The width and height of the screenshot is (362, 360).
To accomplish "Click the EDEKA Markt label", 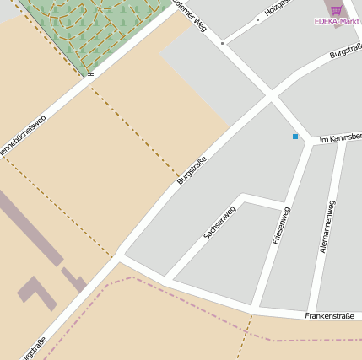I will point(337,21).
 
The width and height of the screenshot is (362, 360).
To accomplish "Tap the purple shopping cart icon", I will point(337,9).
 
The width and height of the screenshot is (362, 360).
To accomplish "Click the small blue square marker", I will point(295,137).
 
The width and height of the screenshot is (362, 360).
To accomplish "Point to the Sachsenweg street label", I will point(219,222).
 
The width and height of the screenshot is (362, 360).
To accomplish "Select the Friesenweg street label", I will point(281,225).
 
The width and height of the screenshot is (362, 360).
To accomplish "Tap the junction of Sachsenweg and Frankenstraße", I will point(165,278).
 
